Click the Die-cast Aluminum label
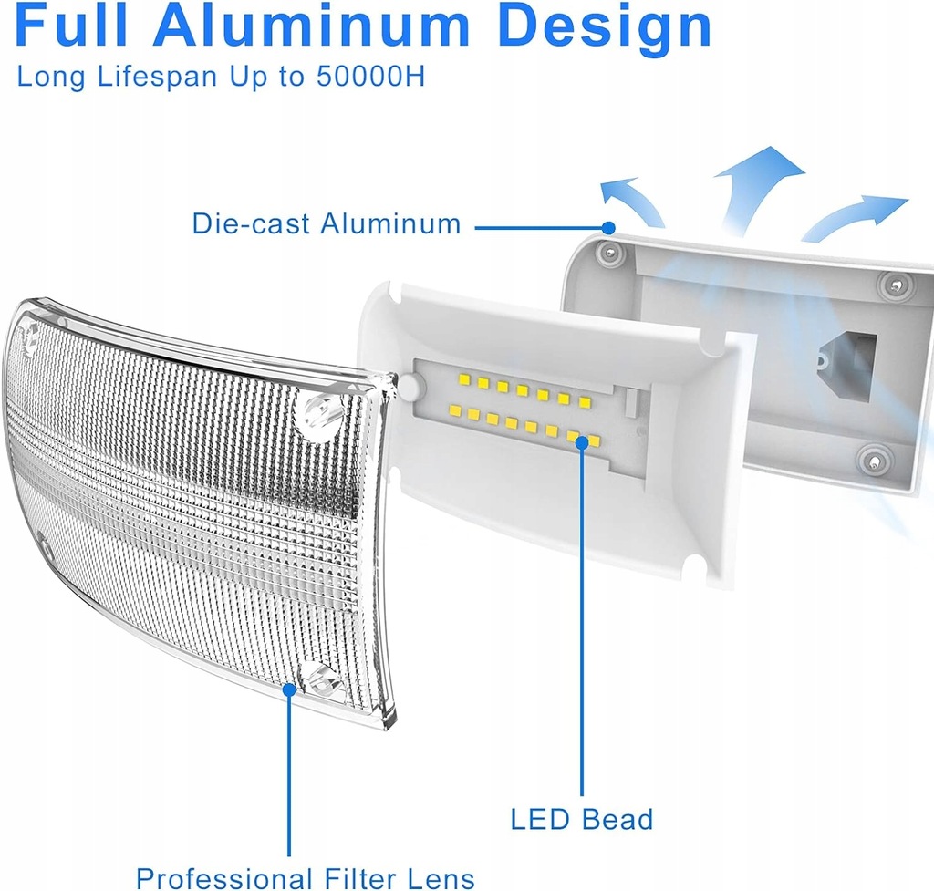(x=327, y=224)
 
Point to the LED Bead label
(x=582, y=819)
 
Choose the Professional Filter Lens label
(x=306, y=877)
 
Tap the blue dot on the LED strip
(x=582, y=450)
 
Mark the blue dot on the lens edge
(x=289, y=690)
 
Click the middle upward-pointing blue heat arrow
(x=757, y=182)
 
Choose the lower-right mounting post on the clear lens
(x=322, y=679)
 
